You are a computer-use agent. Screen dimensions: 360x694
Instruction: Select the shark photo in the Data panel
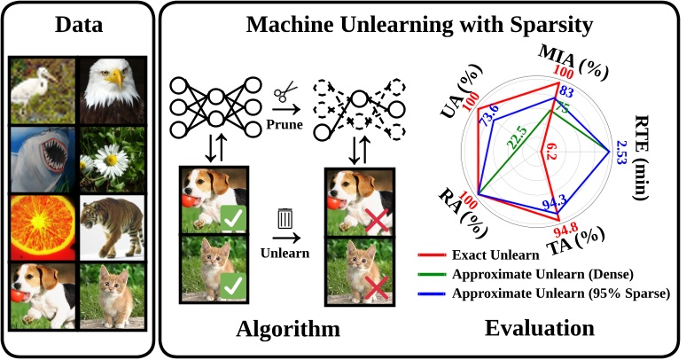41,158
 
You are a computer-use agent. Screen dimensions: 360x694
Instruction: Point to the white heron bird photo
41,91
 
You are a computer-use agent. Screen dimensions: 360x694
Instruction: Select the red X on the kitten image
376,286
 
